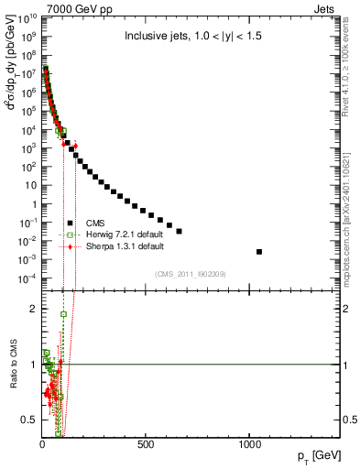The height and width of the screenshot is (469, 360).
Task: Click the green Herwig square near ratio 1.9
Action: coord(63,314)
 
